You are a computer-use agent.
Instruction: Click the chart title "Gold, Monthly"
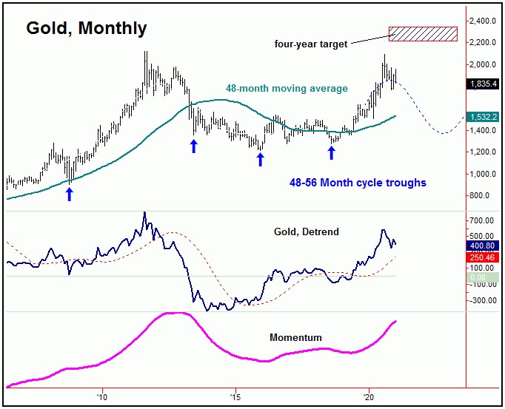(x=87, y=29)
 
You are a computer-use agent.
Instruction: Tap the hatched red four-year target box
(x=423, y=33)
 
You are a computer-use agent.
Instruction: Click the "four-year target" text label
(x=310, y=44)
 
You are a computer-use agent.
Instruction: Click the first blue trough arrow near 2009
(x=70, y=194)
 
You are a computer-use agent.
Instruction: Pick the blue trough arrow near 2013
(x=194, y=146)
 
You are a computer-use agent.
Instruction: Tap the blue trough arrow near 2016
(x=260, y=159)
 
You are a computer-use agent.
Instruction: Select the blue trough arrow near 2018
(x=332, y=152)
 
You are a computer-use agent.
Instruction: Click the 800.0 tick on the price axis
(x=482, y=196)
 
